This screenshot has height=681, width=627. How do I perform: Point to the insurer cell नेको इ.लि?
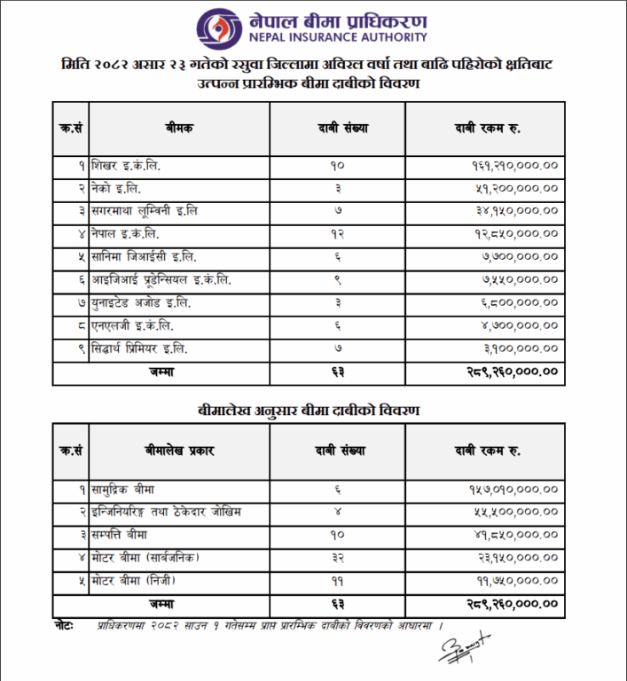[x=116, y=188]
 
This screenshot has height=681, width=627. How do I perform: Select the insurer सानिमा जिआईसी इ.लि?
[x=144, y=257]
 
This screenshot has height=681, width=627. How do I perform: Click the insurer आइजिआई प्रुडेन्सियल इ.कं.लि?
[x=161, y=280]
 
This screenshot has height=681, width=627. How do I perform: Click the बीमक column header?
[x=178, y=129]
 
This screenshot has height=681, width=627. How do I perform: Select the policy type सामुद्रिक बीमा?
[x=125, y=489]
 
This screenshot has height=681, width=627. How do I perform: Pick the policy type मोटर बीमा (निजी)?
[x=135, y=581]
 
